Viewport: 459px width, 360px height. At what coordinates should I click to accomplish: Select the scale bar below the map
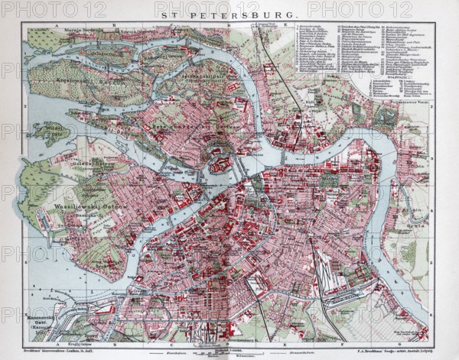[229, 351]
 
